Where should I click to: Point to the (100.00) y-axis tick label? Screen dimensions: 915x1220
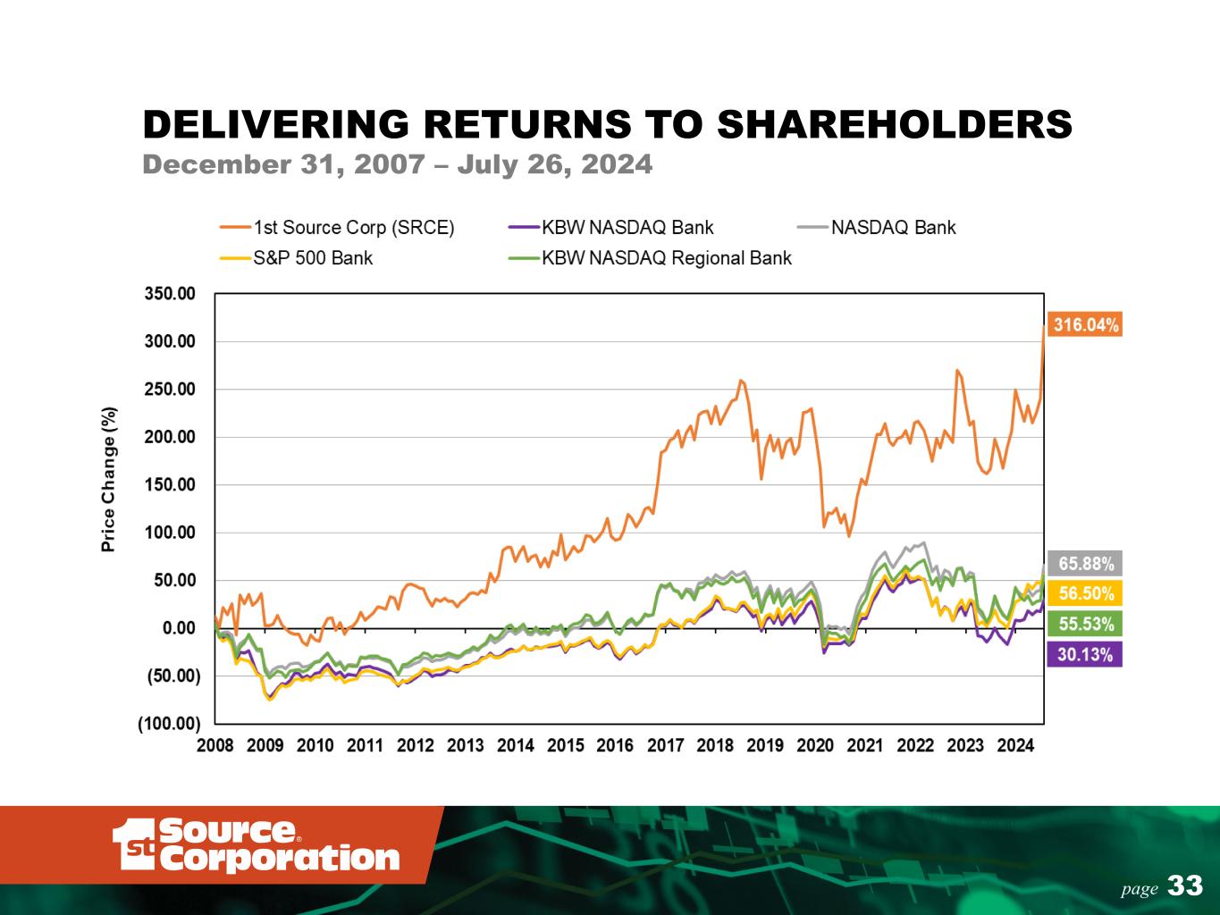168,724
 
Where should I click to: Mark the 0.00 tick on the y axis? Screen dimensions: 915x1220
180,628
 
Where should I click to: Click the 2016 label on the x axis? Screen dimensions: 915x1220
615,746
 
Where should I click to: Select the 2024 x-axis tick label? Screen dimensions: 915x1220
1015,746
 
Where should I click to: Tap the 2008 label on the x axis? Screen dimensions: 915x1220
215,746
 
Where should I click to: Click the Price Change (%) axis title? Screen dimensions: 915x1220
109,479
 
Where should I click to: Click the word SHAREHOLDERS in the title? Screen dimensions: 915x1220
896,124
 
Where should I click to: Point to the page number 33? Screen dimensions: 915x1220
1185,886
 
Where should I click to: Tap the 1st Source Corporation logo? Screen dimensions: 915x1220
256,844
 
